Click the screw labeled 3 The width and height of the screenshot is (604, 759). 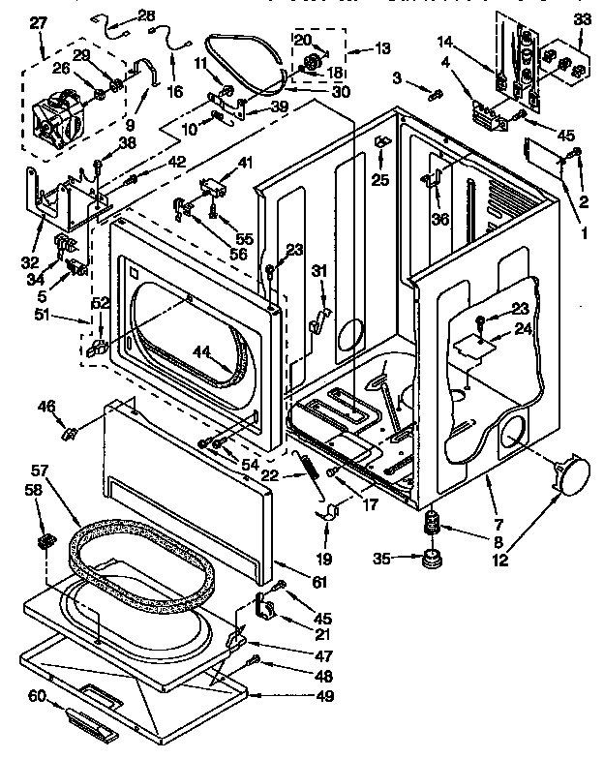tap(436, 94)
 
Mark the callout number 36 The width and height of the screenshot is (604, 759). tap(440, 219)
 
